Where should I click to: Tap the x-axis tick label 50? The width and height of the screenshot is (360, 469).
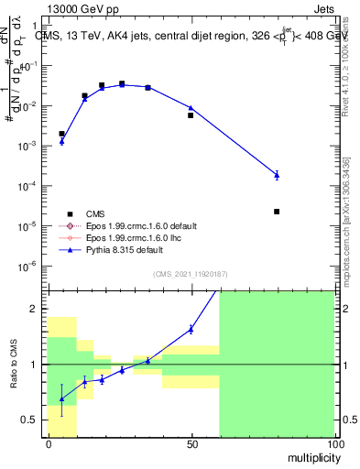coord(191,444)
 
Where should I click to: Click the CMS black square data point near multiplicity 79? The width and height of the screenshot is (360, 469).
coord(277,212)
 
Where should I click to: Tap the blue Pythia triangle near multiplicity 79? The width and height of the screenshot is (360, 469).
coord(277,174)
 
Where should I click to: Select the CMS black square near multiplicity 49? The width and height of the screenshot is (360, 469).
coord(191,115)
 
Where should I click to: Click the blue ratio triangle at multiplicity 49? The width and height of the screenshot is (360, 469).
coord(191,329)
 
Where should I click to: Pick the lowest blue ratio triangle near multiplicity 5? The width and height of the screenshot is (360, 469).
coord(61,398)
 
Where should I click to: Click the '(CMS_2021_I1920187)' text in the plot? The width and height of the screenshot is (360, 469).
coord(191,274)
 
